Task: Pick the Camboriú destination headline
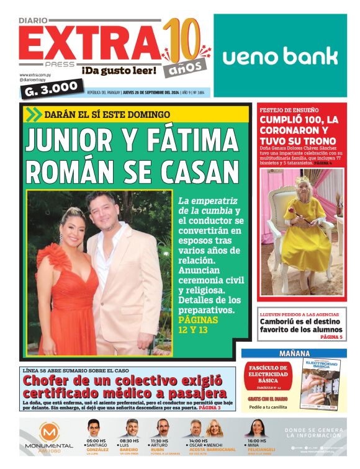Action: (300, 325)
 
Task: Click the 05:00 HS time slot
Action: (96, 441)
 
